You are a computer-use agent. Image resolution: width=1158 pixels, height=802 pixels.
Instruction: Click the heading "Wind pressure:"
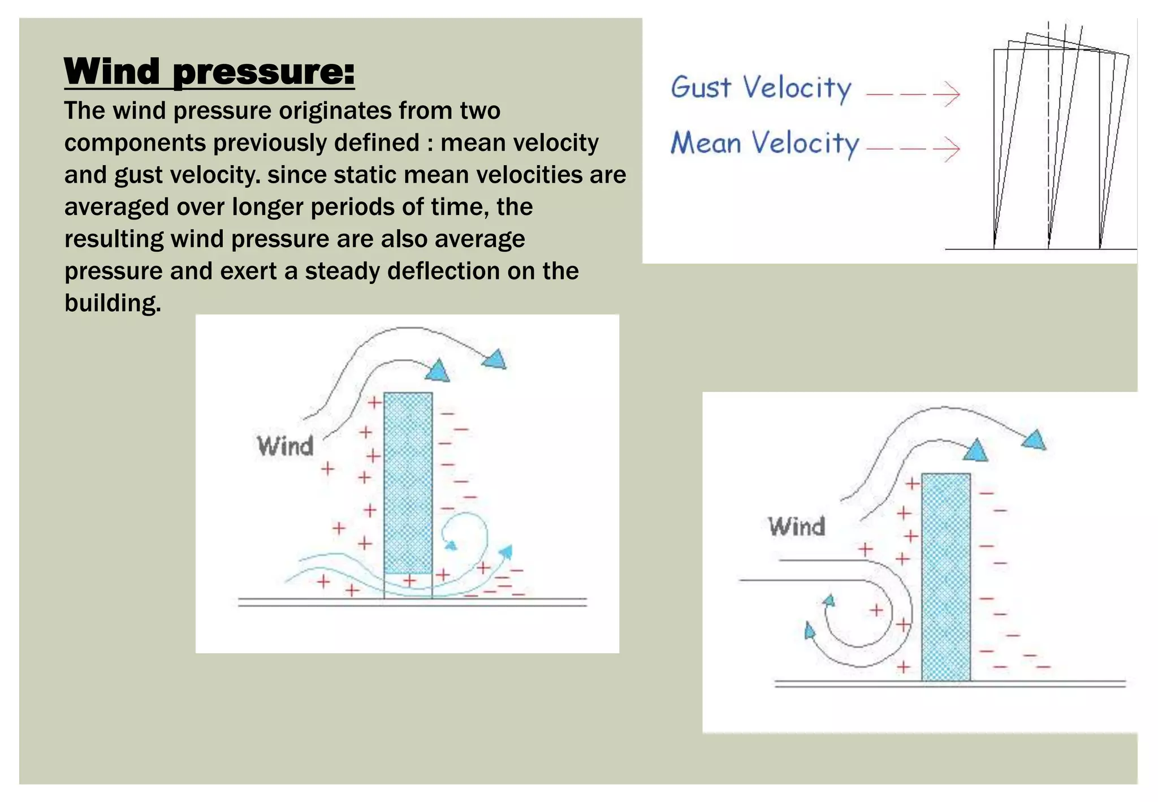209,72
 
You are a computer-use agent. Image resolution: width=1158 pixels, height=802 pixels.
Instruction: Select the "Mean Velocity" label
764,144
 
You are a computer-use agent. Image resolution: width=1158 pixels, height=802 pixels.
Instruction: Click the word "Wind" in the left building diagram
286,446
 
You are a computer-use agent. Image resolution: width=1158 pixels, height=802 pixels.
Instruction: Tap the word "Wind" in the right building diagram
797,527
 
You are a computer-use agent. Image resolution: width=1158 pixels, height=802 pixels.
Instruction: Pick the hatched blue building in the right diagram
946,577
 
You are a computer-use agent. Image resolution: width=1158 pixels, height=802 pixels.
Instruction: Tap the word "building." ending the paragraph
113,304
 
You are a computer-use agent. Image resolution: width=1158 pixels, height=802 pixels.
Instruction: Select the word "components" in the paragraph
135,143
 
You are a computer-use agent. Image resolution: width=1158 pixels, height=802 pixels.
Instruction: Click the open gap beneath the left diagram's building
408,587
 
